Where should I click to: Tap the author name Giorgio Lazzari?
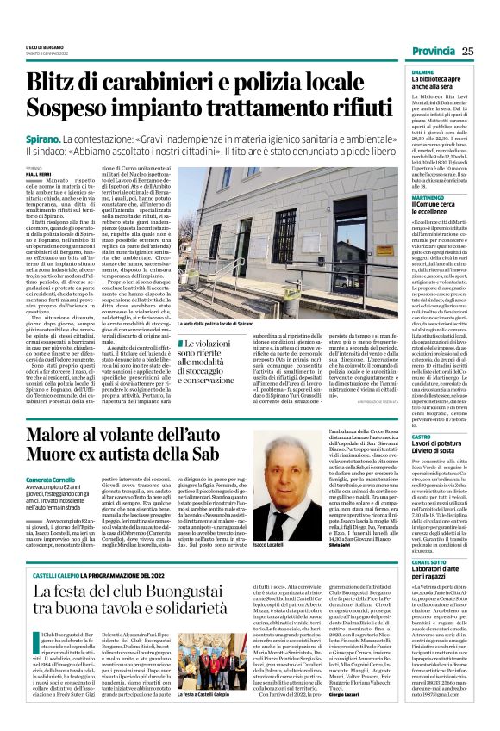tap(347, 715)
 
